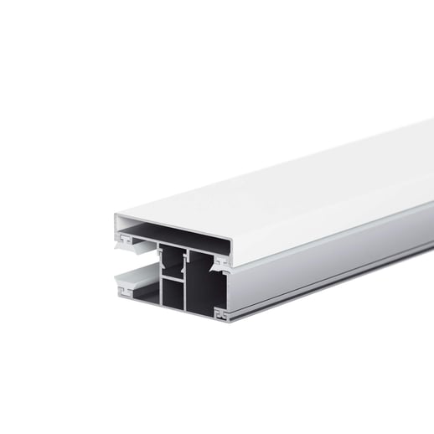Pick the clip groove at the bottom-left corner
point(127,293)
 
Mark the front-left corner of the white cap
point(115,220)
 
